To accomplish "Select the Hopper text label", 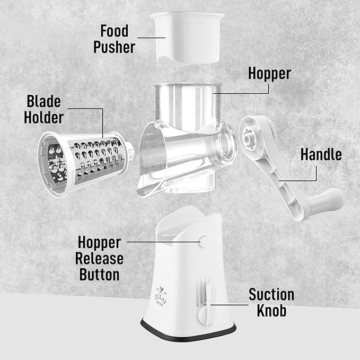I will [269, 73].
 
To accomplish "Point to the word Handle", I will [321, 154].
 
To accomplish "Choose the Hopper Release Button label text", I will [100, 259].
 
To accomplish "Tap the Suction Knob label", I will [271, 302].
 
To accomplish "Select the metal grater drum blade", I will [93, 159].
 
